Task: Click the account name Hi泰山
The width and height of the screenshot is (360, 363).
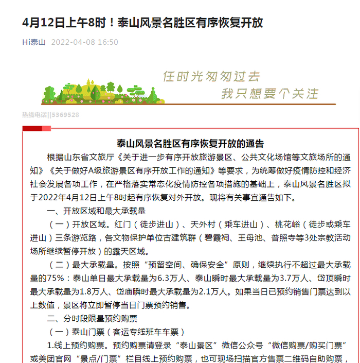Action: [33, 42]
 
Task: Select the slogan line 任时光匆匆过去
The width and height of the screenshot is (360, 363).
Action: [211, 76]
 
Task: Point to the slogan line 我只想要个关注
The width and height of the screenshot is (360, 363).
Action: [270, 93]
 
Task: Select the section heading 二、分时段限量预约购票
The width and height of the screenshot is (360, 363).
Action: [93, 318]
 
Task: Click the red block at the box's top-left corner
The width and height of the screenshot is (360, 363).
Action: [32, 128]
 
